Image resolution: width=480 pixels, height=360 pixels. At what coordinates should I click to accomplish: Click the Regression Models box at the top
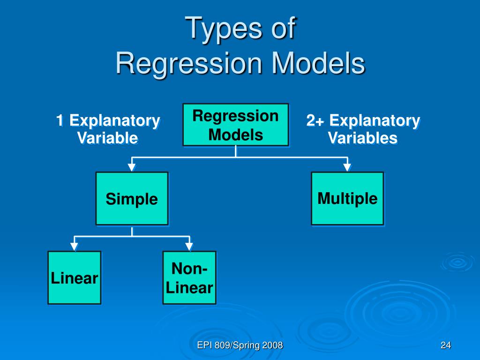click(x=235, y=125)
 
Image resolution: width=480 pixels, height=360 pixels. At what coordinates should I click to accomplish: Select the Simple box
click(x=132, y=199)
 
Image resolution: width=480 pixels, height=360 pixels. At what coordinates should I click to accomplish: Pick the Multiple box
click(x=347, y=198)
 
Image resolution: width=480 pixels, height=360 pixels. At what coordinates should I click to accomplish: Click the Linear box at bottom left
click(x=74, y=278)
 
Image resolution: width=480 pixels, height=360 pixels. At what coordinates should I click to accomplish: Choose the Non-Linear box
click(x=189, y=278)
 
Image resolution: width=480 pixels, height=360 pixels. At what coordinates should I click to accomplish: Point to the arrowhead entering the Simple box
click(x=132, y=167)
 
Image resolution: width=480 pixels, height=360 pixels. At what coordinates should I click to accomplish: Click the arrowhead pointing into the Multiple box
click(x=347, y=167)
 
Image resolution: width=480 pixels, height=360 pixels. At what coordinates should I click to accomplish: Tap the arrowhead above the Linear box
click(x=74, y=246)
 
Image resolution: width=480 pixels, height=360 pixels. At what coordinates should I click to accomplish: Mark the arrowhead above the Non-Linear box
click(x=189, y=246)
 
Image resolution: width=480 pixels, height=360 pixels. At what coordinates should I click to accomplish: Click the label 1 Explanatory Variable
click(x=108, y=129)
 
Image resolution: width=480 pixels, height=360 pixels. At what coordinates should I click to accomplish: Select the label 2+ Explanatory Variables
click(x=363, y=129)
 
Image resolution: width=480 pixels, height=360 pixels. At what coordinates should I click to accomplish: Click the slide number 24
click(x=445, y=346)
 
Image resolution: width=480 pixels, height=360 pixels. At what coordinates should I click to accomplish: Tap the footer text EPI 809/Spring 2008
click(x=240, y=346)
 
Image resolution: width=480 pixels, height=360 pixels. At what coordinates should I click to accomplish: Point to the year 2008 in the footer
click(x=273, y=346)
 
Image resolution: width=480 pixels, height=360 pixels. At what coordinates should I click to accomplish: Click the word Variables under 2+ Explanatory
click(x=363, y=138)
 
